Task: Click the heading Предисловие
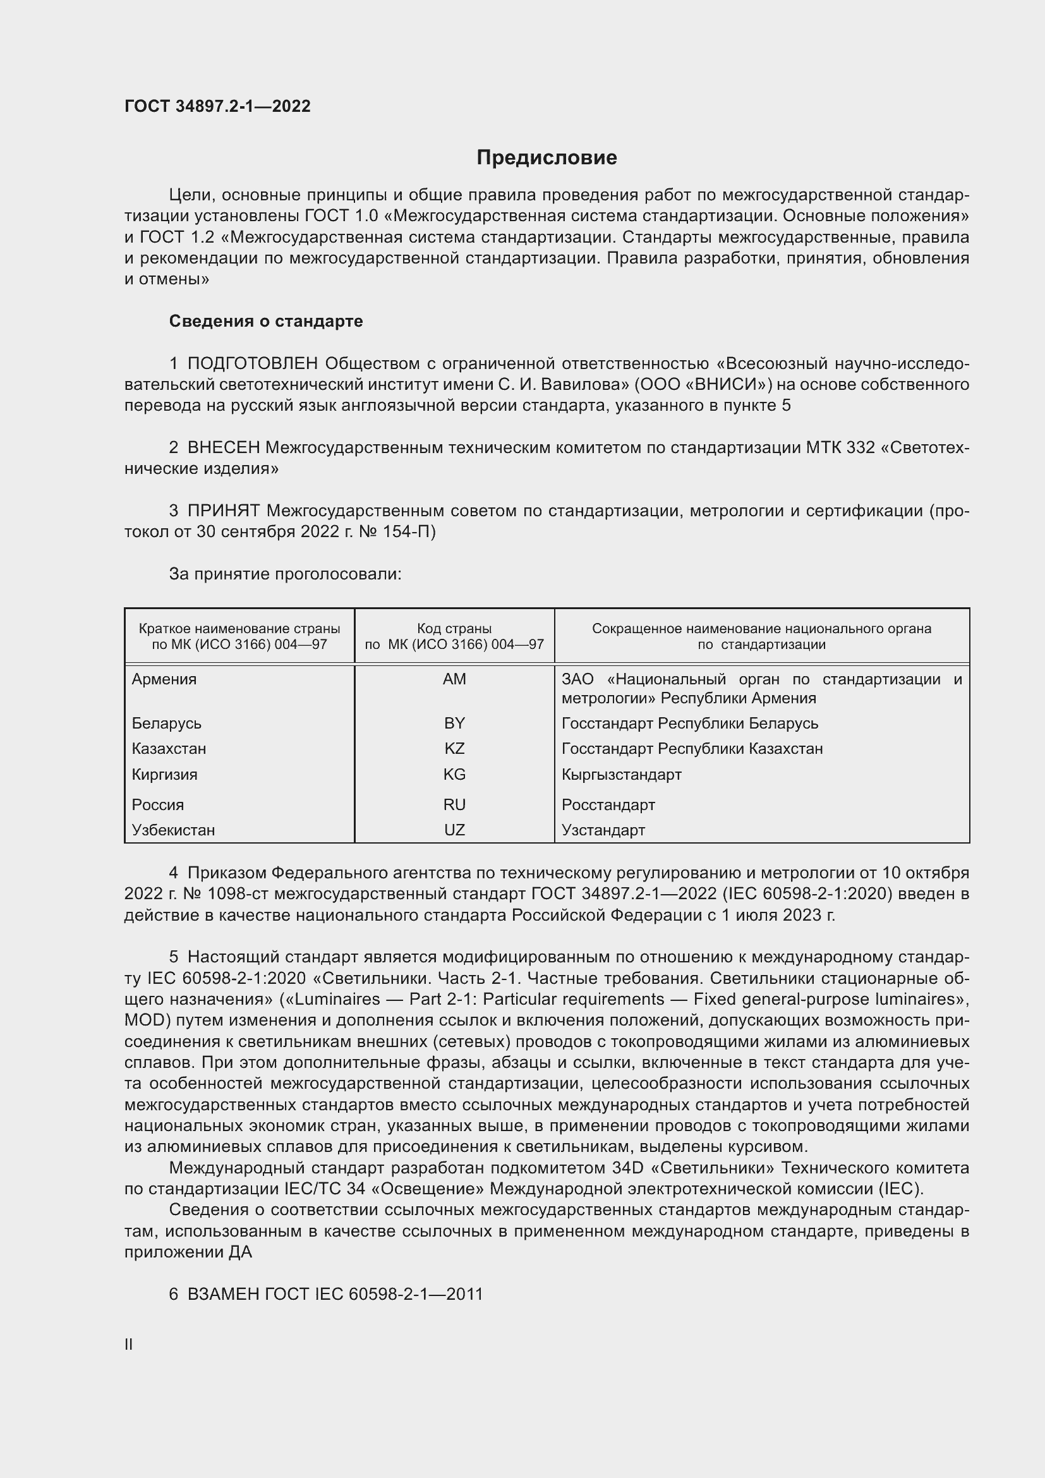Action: click(x=547, y=158)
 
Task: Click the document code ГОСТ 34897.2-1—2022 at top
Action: click(x=217, y=106)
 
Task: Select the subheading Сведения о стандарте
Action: click(x=266, y=321)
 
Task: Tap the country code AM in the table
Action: click(x=454, y=679)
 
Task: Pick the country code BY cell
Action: click(x=454, y=724)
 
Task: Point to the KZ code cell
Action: click(x=454, y=749)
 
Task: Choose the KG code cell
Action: click(x=454, y=775)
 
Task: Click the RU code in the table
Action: click(x=454, y=804)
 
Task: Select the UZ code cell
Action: click(x=454, y=830)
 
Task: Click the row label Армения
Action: click(x=164, y=679)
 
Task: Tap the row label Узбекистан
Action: click(x=173, y=830)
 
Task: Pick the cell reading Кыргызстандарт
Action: click(x=621, y=775)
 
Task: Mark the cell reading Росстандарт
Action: click(x=608, y=804)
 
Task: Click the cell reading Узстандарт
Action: click(x=603, y=830)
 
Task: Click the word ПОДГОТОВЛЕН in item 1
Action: click(x=252, y=364)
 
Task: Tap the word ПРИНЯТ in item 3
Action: click(x=223, y=511)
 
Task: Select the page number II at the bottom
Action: click(x=129, y=1345)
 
